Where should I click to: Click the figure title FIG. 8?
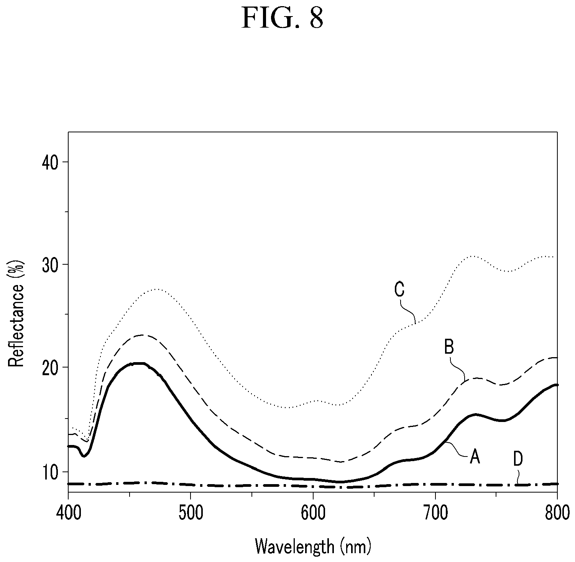pyautogui.click(x=283, y=18)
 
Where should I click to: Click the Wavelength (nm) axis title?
pyautogui.click(x=313, y=546)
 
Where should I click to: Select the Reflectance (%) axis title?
pyautogui.click(x=16, y=313)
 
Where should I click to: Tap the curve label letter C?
pyautogui.click(x=399, y=290)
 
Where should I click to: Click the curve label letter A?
pyautogui.click(x=475, y=457)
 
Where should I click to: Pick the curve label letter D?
pyautogui.click(x=518, y=460)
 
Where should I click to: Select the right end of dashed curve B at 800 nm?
pyautogui.click(x=557, y=358)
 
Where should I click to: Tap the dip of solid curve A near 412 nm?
pyautogui.click(x=84, y=456)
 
